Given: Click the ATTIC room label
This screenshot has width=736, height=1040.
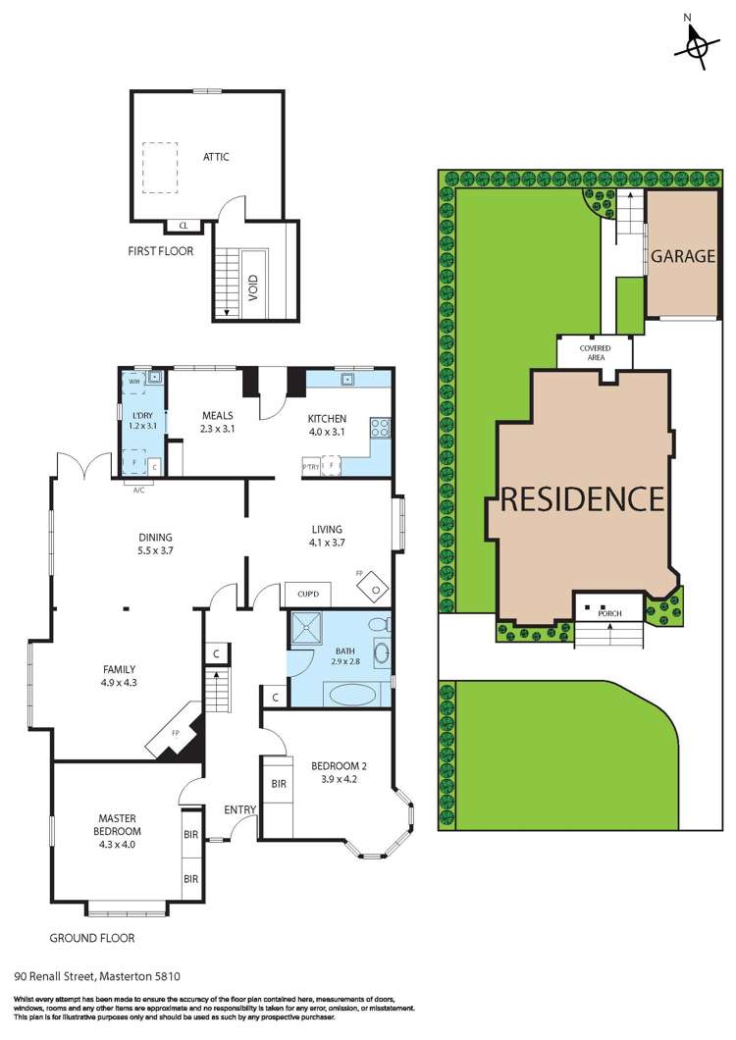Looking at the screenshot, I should tap(216, 157).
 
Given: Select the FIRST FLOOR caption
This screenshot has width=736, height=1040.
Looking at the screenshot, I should tap(160, 251).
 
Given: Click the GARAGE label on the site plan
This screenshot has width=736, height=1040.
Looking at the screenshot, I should tap(682, 257).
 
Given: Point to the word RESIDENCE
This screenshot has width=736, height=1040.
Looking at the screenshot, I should tap(583, 499).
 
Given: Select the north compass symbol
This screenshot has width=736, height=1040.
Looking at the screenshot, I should tap(698, 44).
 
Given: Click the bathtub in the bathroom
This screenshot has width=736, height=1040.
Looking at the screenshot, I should tap(350, 695).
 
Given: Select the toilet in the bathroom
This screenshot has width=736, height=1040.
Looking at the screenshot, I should tap(376, 625).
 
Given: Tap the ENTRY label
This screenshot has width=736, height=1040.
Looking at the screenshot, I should tap(239, 809).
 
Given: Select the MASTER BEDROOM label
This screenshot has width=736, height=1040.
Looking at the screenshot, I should tap(116, 824).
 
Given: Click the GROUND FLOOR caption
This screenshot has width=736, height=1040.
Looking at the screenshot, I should tap(93, 938).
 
